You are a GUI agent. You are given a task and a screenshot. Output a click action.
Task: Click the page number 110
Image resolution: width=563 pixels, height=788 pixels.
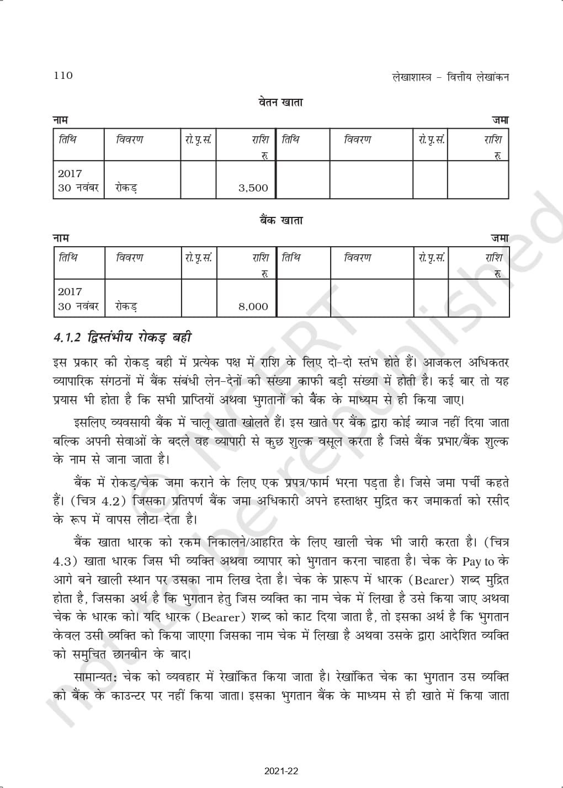pos(63,76)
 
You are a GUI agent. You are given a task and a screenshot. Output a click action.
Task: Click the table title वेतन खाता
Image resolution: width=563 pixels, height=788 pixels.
pos(281,103)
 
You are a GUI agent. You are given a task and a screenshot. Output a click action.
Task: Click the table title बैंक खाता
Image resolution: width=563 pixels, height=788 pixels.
pos(281,221)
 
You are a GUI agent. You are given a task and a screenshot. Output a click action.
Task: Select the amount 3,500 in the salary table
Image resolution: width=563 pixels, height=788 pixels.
pos(253,188)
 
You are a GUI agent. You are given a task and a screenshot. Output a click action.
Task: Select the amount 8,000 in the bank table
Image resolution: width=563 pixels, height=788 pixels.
pos(253,307)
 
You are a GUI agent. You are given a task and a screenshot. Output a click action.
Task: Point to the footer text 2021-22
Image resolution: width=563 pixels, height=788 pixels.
pos(281,771)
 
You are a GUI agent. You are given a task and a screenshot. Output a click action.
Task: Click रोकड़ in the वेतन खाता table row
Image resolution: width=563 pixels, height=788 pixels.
pos(126,188)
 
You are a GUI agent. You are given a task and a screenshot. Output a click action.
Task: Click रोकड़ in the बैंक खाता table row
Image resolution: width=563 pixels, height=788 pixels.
pos(126,307)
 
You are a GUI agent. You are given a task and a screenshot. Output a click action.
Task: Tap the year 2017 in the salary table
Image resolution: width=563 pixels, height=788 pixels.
pos(70,173)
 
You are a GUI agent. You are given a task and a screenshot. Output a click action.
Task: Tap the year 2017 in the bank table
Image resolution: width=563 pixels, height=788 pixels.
pos(70,292)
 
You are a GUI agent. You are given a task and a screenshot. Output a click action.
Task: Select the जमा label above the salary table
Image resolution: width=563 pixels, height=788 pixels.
pos(500,120)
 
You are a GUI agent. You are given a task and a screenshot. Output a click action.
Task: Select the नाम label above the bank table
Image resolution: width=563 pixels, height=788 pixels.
pos(61,238)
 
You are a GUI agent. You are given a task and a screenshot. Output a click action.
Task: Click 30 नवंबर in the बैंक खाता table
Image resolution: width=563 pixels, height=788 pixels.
pos(78,307)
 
